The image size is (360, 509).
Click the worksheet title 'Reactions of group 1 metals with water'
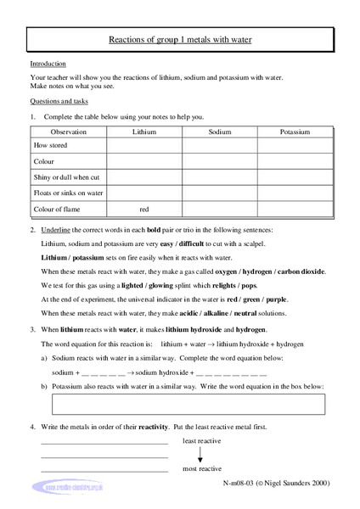pos(180,39)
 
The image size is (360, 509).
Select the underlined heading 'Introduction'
pos(47,64)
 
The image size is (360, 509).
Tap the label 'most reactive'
pos(203,468)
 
